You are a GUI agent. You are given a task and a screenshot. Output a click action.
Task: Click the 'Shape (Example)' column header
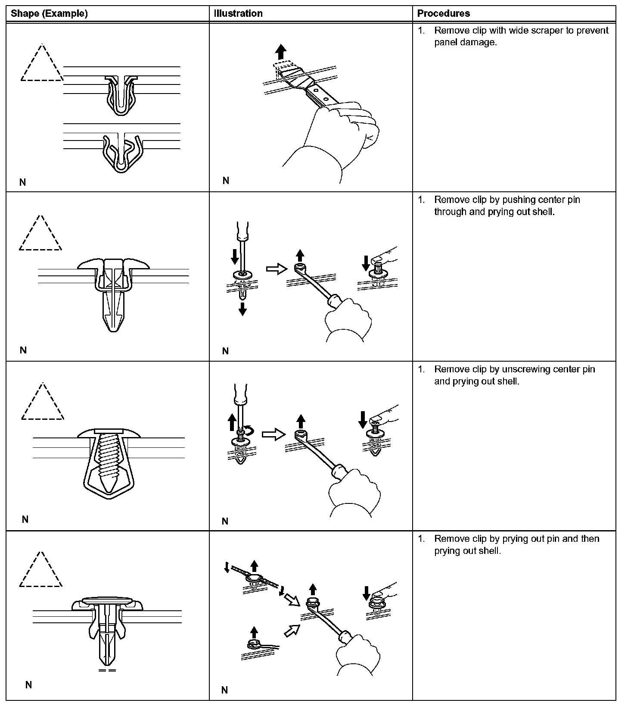pos(49,13)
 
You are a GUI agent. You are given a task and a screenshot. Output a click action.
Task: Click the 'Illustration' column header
pos(238,13)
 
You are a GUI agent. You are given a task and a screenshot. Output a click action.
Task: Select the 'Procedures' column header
pos(443,13)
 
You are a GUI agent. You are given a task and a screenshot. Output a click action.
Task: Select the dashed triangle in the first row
pos(42,65)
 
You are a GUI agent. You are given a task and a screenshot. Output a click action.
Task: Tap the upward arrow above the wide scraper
pos(281,53)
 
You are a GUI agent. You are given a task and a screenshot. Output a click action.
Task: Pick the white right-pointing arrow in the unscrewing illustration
pos(273,434)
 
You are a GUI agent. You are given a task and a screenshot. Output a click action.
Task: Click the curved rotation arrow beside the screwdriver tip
pos(249,430)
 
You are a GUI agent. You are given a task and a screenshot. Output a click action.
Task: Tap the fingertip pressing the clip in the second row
pos(379,259)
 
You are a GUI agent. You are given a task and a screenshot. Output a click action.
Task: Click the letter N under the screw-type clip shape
pos(25,520)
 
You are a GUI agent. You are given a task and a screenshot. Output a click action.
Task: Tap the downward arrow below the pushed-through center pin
pos(242,309)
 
